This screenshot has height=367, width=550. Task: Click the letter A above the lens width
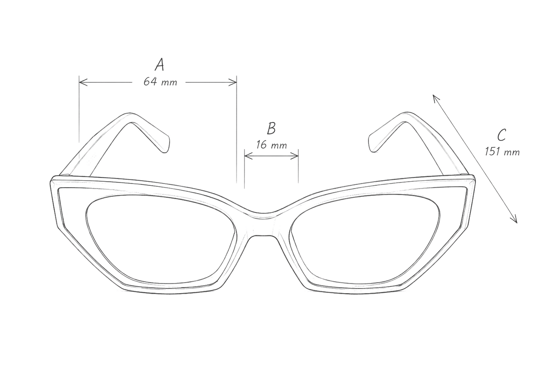tap(159, 65)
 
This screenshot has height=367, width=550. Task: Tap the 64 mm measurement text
tap(160, 82)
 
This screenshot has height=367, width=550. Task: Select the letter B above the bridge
tap(271, 128)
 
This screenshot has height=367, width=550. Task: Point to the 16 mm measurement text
tap(271, 145)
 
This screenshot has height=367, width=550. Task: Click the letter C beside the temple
tap(501, 135)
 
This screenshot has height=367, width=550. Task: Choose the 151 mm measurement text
tap(502, 152)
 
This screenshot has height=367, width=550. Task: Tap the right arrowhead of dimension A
tap(232, 83)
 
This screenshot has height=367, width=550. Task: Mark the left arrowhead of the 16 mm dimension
tap(248, 156)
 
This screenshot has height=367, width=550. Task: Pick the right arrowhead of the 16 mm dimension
tap(294, 156)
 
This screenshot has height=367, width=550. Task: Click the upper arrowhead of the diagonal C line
tap(435, 98)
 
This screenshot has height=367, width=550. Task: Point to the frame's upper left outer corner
tap(52, 178)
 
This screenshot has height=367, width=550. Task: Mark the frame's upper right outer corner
tap(473, 177)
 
